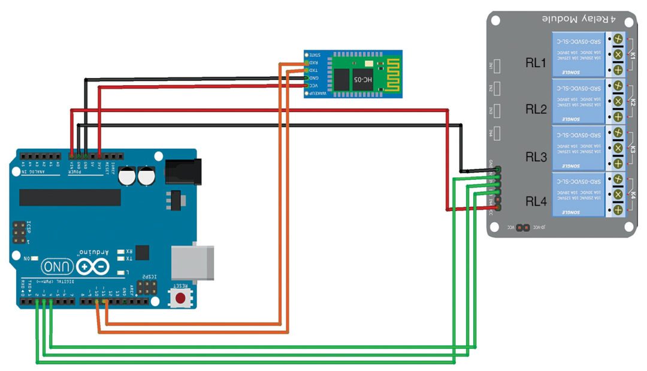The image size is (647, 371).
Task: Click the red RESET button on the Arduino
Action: tap(180, 298)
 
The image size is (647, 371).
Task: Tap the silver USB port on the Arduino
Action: tap(192, 263)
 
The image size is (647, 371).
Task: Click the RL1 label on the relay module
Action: tap(536, 62)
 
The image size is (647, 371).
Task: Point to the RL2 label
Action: tap(536, 109)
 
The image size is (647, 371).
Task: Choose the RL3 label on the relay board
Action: tap(536, 157)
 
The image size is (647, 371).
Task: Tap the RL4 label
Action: tap(536, 202)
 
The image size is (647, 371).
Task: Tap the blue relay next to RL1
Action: tap(578, 54)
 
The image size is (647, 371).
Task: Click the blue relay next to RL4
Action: tap(578, 195)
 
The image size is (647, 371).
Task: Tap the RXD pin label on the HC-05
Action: tap(313, 62)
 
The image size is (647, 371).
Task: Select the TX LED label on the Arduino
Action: tap(129, 259)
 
